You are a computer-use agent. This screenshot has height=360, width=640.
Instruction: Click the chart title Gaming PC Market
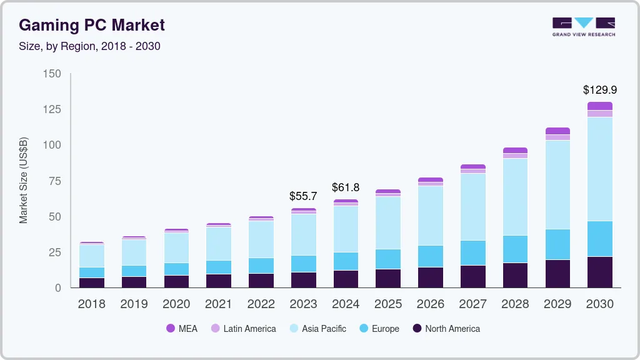(92, 25)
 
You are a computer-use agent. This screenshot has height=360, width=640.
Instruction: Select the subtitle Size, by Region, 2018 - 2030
(90, 46)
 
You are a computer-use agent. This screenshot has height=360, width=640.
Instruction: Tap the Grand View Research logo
(583, 27)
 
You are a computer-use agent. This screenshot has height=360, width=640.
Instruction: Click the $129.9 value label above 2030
(599, 90)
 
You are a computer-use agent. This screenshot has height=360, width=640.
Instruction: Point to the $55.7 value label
(303, 196)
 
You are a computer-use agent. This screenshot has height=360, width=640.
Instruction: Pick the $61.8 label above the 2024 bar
(346, 187)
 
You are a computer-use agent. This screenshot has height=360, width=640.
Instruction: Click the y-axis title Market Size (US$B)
(24, 181)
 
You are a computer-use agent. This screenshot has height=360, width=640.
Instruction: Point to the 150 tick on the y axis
(52, 74)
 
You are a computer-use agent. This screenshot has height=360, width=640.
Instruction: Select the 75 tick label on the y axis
(55, 181)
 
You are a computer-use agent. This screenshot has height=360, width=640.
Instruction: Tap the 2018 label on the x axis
(91, 304)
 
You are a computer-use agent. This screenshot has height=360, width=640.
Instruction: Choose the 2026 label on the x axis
(431, 304)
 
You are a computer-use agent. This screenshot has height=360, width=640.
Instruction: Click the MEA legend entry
(181, 329)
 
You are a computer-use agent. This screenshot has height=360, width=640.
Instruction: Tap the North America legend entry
(446, 329)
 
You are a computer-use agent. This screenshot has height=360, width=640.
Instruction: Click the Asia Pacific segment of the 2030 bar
(599, 169)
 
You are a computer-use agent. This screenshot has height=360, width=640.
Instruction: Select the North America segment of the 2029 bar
(557, 273)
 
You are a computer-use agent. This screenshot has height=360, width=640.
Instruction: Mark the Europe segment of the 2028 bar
(515, 249)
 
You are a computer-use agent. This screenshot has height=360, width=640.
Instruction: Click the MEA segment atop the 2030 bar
(599, 106)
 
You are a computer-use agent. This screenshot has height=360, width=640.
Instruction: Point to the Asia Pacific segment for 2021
(218, 243)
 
